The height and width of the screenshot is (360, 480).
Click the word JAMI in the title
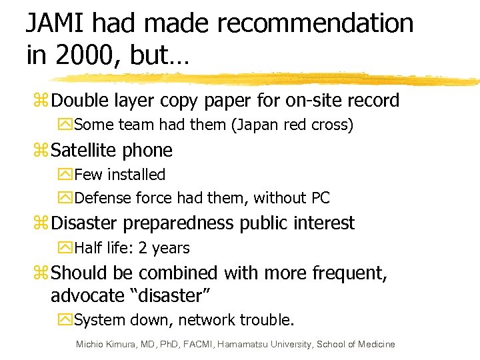pyautogui.click(x=55, y=24)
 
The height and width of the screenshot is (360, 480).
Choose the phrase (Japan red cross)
pyautogui.click(x=291, y=125)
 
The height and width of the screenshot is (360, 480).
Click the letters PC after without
pyautogui.click(x=320, y=198)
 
